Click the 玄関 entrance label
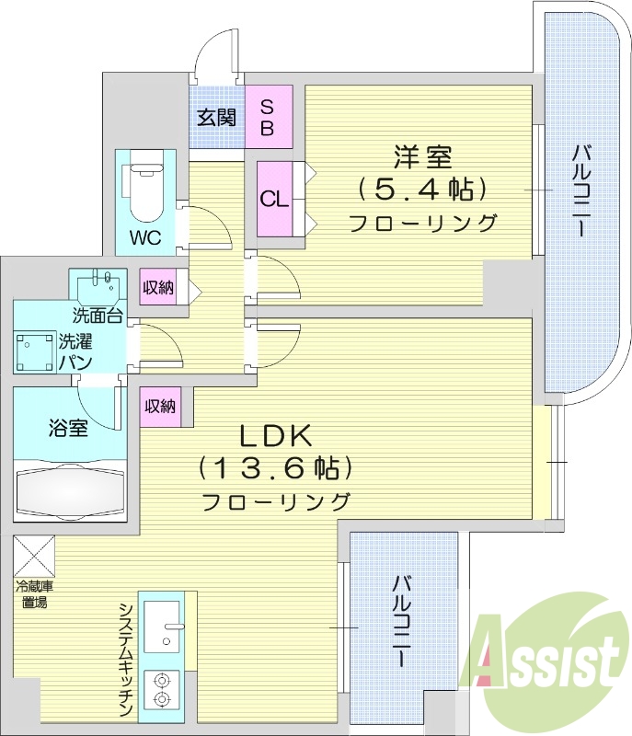[216, 117]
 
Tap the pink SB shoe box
[268, 116]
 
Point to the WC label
[144, 237]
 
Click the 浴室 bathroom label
[68, 427]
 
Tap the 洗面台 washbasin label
[99, 316]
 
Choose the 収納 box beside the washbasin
[159, 288]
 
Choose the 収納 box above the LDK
[160, 406]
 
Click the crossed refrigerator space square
[33, 555]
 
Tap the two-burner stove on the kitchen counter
[162, 689]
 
